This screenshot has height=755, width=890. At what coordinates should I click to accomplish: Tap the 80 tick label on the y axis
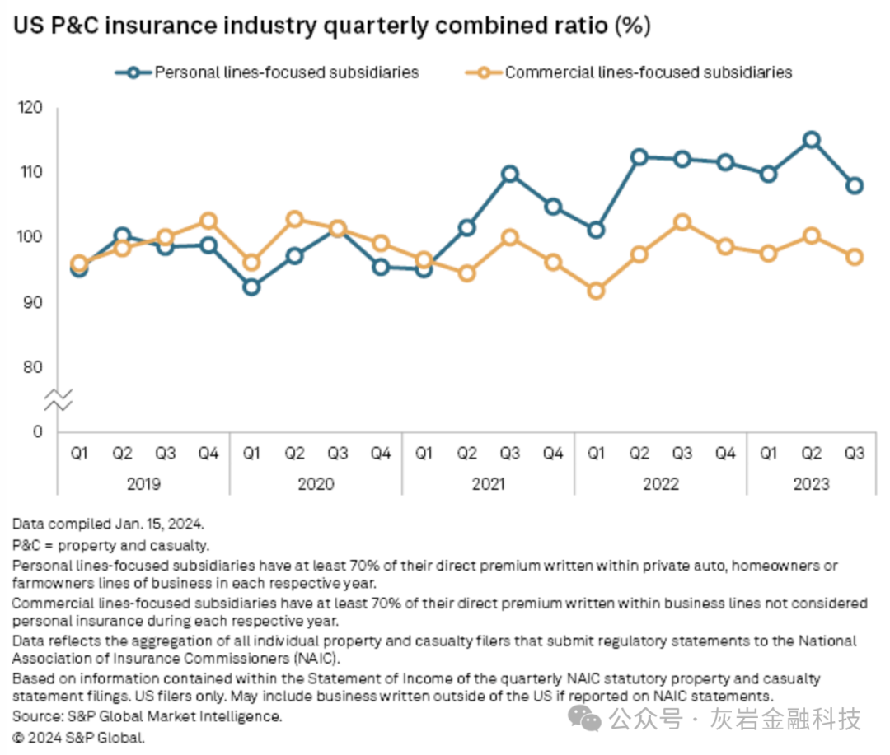pos(33,367)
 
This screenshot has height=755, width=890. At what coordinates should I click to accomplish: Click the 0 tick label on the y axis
pos(38,431)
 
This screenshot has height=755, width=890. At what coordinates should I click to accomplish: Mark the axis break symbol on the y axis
pos(59,400)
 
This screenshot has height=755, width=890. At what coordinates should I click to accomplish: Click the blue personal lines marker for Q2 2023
pos(812,140)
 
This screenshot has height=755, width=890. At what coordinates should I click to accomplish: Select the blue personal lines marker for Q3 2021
pos(510,174)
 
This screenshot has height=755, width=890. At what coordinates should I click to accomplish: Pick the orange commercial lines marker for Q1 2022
pos(597,291)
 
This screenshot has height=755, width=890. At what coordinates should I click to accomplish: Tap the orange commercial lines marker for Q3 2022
pos(682,222)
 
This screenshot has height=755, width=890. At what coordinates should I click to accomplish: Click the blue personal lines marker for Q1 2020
pos(251,287)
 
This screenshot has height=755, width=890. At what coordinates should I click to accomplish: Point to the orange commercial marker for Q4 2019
pos(208,221)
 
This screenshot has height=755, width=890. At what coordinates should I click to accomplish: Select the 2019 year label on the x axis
pos(143,483)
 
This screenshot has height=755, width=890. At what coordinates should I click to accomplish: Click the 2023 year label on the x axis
pos(812,483)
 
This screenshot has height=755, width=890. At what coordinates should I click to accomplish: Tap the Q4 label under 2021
pos(553,453)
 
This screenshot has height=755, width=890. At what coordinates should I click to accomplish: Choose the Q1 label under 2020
pos(251,453)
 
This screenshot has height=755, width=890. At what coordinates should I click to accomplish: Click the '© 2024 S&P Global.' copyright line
pos(79,738)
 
